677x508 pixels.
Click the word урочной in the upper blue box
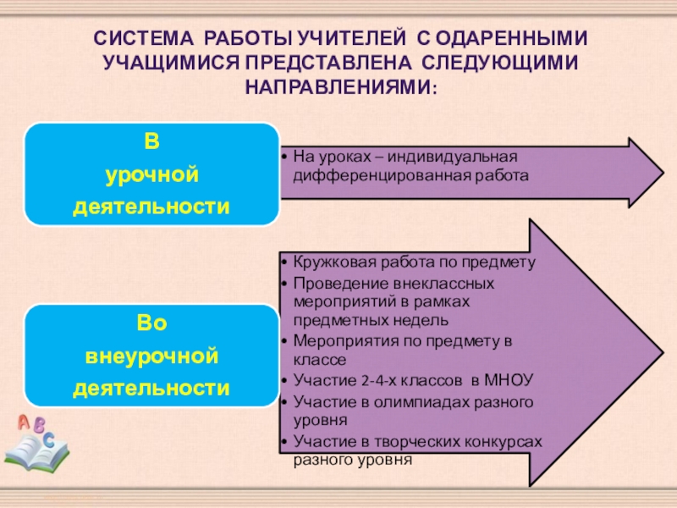151,176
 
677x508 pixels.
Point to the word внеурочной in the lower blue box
151,357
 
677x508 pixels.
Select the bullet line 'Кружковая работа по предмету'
415,262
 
